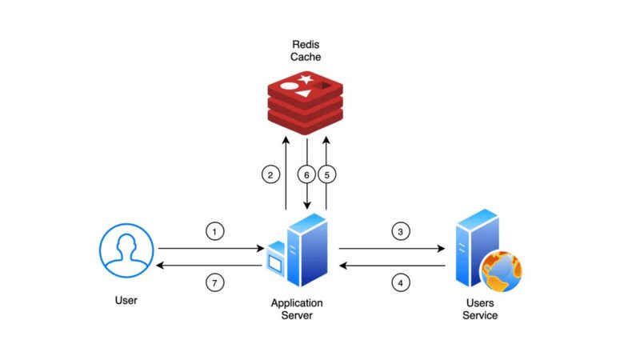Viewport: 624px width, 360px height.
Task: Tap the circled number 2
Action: tap(270, 173)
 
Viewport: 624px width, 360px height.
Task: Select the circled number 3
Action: tap(401, 231)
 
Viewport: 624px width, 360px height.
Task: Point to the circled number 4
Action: tap(401, 282)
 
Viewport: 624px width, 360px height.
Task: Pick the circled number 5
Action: tap(327, 173)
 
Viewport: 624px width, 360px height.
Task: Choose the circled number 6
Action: tap(306, 173)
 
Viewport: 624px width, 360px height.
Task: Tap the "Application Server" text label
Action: tap(297, 309)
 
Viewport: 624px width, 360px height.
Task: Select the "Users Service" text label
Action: tap(482, 309)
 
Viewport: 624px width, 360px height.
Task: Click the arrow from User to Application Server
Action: tap(210, 249)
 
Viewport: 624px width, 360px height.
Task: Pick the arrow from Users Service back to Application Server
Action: tap(391, 266)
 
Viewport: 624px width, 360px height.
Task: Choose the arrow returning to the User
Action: tap(210, 266)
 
